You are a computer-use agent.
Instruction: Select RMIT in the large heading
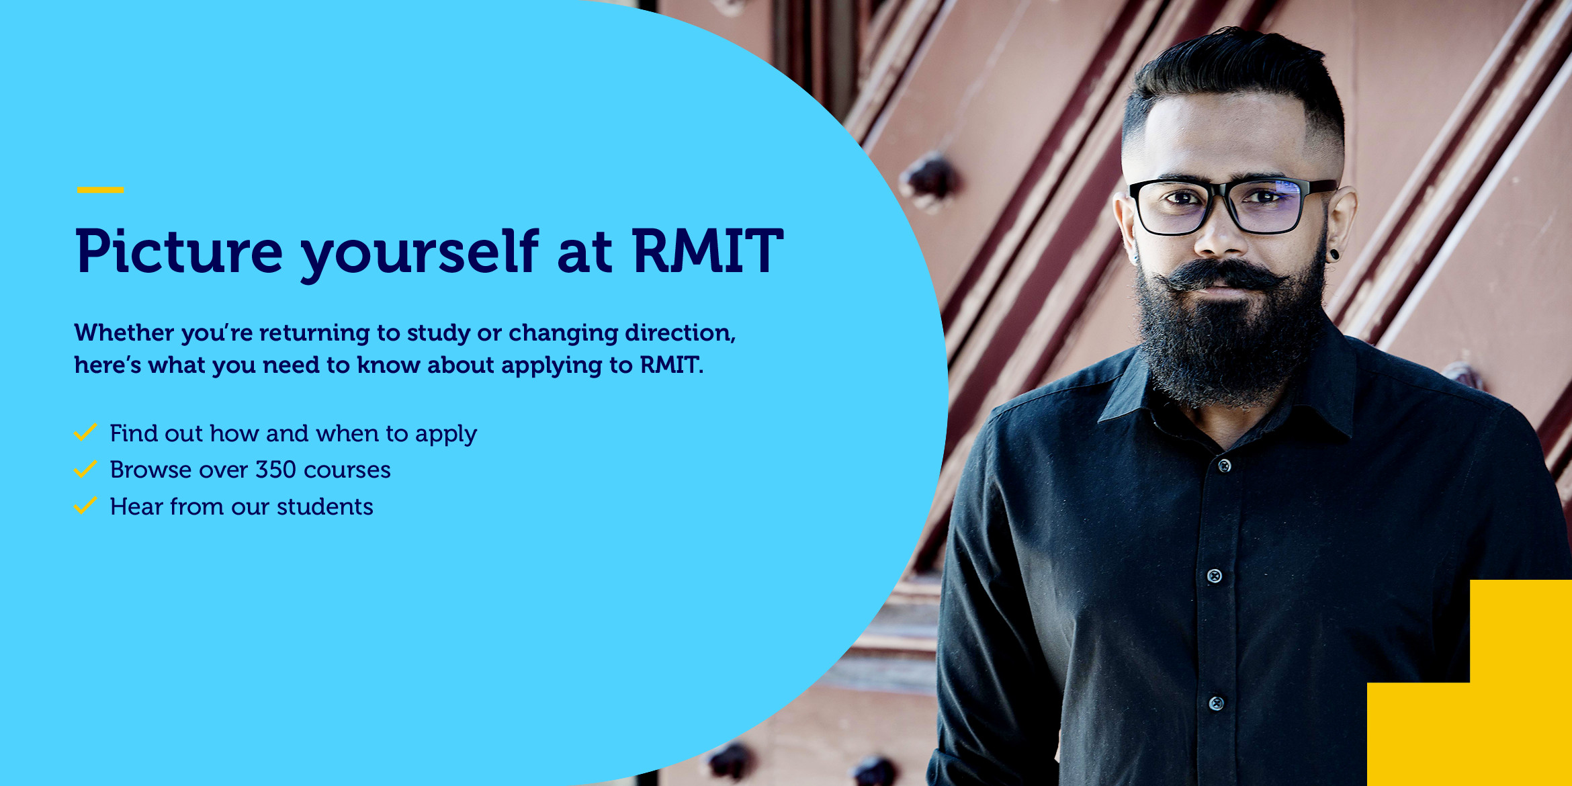click(708, 251)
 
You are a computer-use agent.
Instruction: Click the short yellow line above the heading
click(101, 190)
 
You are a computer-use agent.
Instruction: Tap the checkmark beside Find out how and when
click(85, 432)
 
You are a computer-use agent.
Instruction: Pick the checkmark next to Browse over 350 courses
click(85, 469)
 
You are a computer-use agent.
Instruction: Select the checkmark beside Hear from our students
click(85, 505)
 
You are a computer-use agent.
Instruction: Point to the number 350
click(275, 470)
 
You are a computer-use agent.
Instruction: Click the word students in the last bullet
click(325, 507)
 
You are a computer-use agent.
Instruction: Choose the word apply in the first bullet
click(446, 435)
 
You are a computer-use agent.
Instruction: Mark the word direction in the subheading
click(681, 333)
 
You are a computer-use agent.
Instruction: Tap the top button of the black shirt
click(1225, 466)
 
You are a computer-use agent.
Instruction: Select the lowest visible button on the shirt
click(1217, 703)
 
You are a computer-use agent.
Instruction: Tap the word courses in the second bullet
click(347, 470)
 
